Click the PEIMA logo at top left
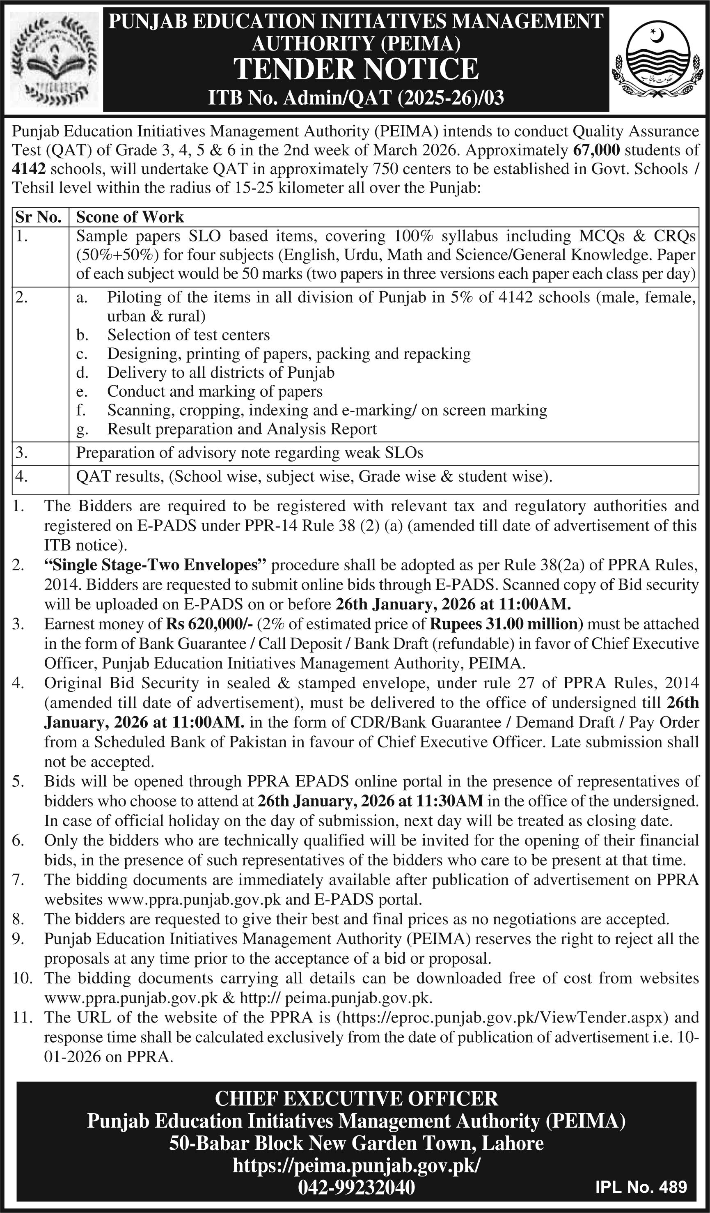click(x=54, y=59)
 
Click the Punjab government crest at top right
click(x=657, y=59)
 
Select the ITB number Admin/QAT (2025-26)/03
click(x=356, y=98)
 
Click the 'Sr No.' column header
click(x=39, y=217)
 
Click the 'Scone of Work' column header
click(x=130, y=217)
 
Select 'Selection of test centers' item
click(x=188, y=335)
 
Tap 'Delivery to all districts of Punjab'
click(x=220, y=372)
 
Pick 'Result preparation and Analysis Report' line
click(x=242, y=429)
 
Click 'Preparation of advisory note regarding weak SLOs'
click(x=250, y=453)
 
